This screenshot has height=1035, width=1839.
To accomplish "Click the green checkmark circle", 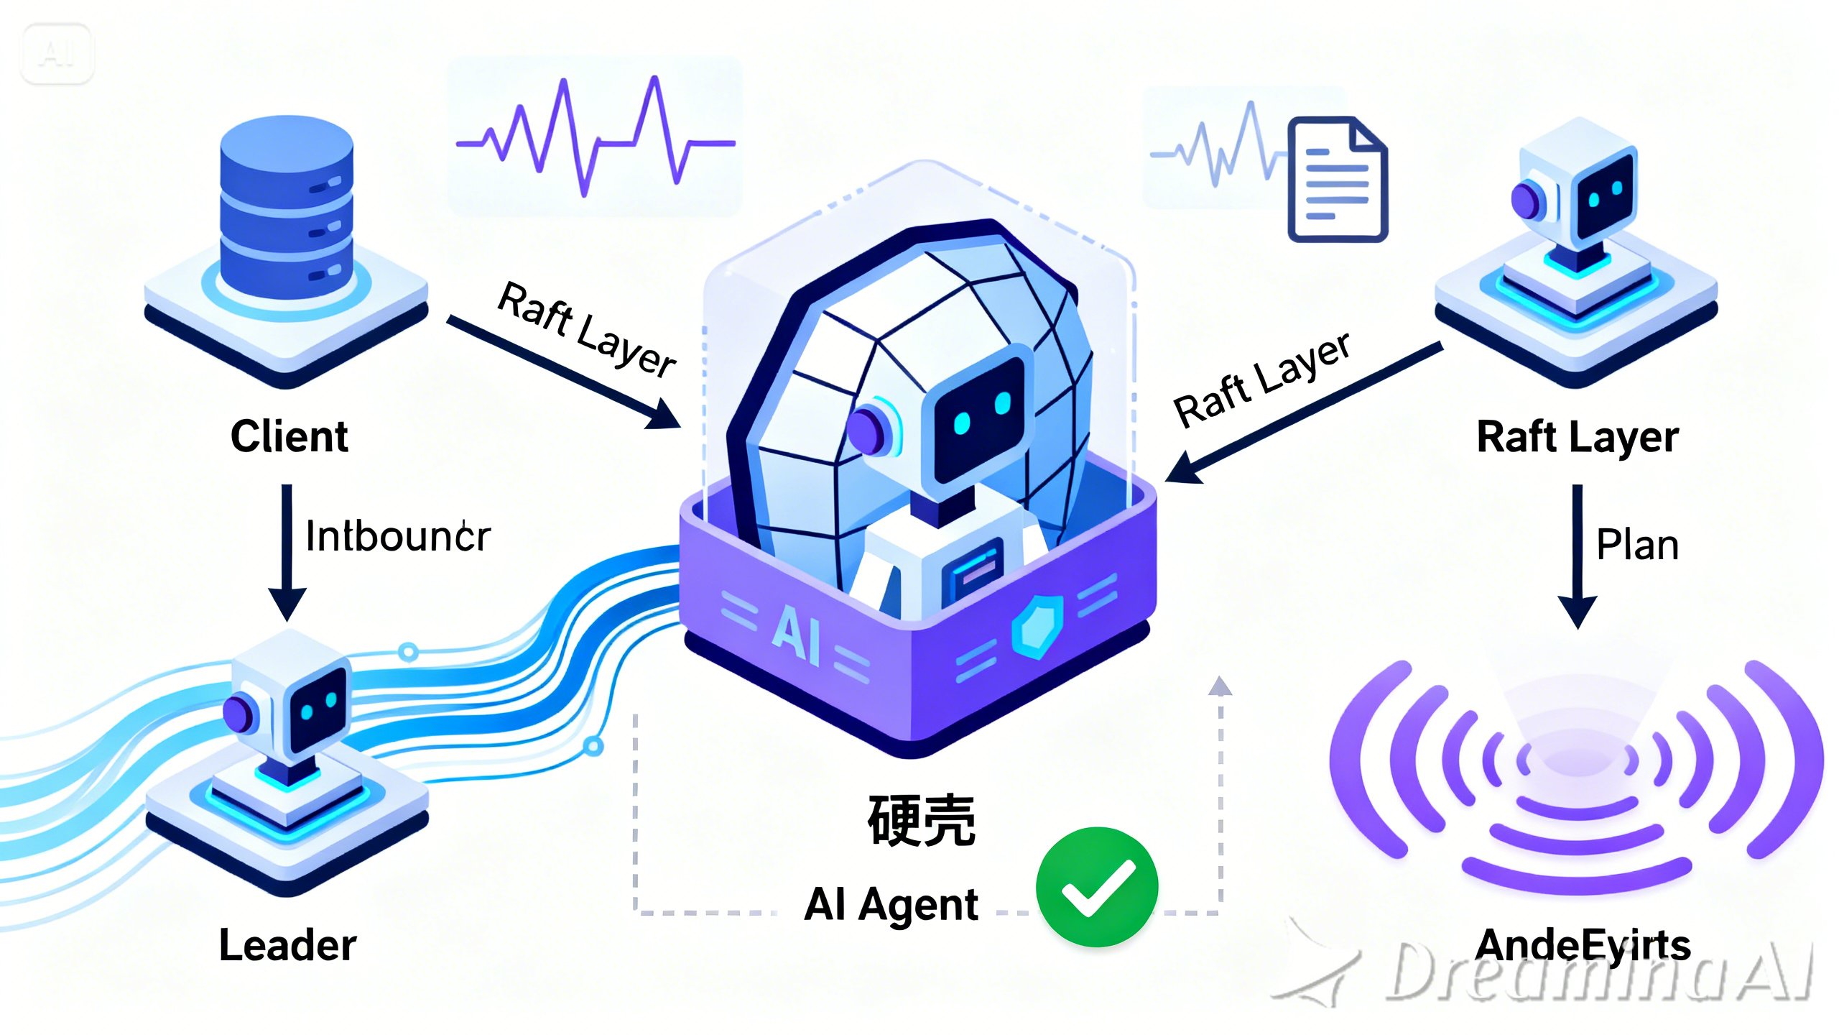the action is coord(1096,886).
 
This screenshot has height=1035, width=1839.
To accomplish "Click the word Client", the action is coord(289,436).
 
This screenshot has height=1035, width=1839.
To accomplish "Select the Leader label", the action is coord(287,944).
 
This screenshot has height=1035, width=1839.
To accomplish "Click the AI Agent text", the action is coord(891,903).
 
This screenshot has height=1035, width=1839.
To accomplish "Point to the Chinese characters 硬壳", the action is coord(921,820).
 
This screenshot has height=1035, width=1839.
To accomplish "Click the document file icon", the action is coord(1337,180).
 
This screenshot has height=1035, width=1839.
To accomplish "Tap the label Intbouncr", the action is coord(397,536).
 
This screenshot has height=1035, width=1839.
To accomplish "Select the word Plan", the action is coord(1637,544).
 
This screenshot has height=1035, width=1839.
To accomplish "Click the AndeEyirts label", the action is coord(1583,944).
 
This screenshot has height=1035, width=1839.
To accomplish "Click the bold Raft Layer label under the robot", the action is coord(1578,436).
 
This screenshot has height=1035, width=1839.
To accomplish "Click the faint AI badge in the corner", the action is coord(57,54).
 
